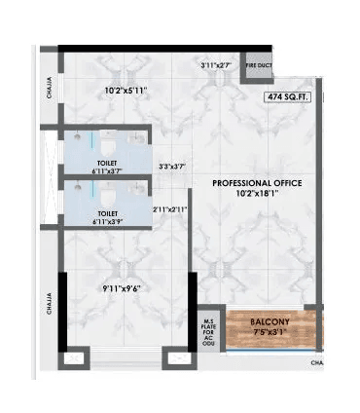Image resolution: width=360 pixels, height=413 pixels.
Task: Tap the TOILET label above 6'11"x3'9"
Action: [108, 211]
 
